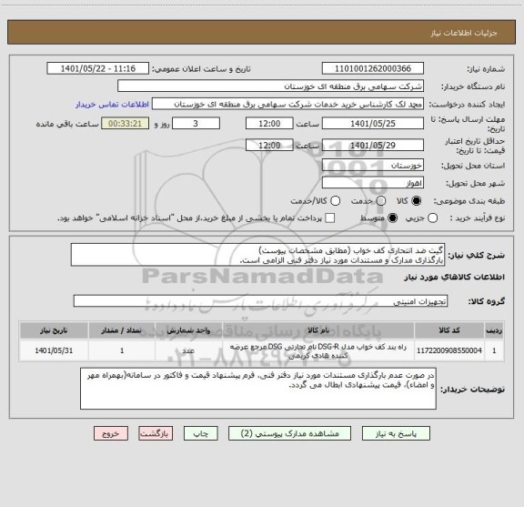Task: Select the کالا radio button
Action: click(418, 200)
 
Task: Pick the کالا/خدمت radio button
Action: click(336, 200)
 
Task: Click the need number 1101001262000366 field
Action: click(373, 68)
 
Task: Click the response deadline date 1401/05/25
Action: click(373, 123)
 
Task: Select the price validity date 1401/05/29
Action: click(373, 145)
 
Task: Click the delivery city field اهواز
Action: click(373, 184)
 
